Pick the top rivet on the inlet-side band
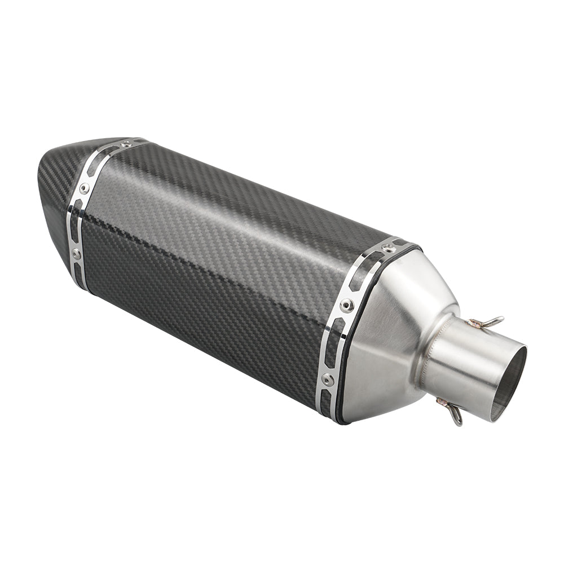(x=387, y=248)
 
